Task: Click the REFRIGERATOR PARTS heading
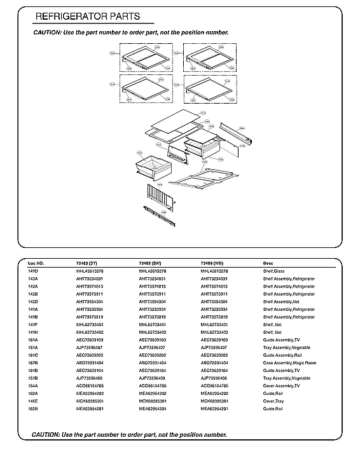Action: [87, 16]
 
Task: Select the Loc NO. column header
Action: [36, 263]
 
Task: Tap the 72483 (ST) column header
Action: [87, 263]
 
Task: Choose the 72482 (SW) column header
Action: [150, 263]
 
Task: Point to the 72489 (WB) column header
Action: [212, 263]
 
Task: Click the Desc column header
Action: [268, 263]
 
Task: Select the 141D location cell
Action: [33, 271]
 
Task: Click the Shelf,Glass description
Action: [275, 271]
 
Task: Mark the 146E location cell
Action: [33, 401]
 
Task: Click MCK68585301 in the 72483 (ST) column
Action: [90, 401]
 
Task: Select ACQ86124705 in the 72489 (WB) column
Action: [215, 386]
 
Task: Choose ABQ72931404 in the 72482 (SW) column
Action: [152, 363]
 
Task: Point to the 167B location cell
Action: [33, 363]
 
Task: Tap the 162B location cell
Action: [33, 409]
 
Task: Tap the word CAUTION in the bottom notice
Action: [46, 434]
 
